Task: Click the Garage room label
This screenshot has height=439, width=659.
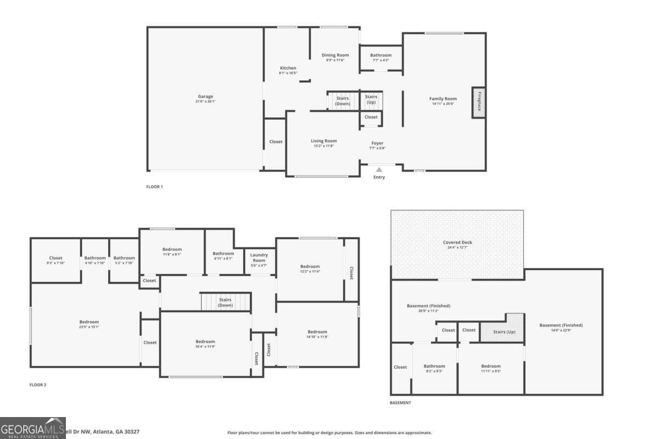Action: tap(205, 97)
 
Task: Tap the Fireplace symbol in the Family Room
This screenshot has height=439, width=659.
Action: tap(478, 102)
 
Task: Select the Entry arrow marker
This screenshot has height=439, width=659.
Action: tap(379, 170)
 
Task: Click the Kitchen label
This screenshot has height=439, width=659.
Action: tap(288, 68)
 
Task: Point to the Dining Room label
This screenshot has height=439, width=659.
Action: tap(335, 55)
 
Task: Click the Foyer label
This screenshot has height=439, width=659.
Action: tap(377, 143)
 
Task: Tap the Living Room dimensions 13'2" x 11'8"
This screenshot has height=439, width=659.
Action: tap(323, 146)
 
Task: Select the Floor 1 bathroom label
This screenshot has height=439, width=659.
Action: tap(381, 55)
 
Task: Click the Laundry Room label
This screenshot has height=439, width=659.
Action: tap(259, 257)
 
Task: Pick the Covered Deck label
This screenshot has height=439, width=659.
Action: tap(457, 243)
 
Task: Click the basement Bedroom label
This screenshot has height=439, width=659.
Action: tap(491, 366)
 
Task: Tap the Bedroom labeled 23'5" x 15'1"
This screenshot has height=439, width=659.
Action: tap(89, 322)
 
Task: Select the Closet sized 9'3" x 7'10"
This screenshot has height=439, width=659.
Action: tap(55, 258)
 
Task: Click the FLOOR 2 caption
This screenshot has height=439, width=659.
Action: tap(38, 385)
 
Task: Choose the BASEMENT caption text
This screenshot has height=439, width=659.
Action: tap(400, 403)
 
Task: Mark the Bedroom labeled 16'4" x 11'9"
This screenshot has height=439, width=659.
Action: tap(205, 341)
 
